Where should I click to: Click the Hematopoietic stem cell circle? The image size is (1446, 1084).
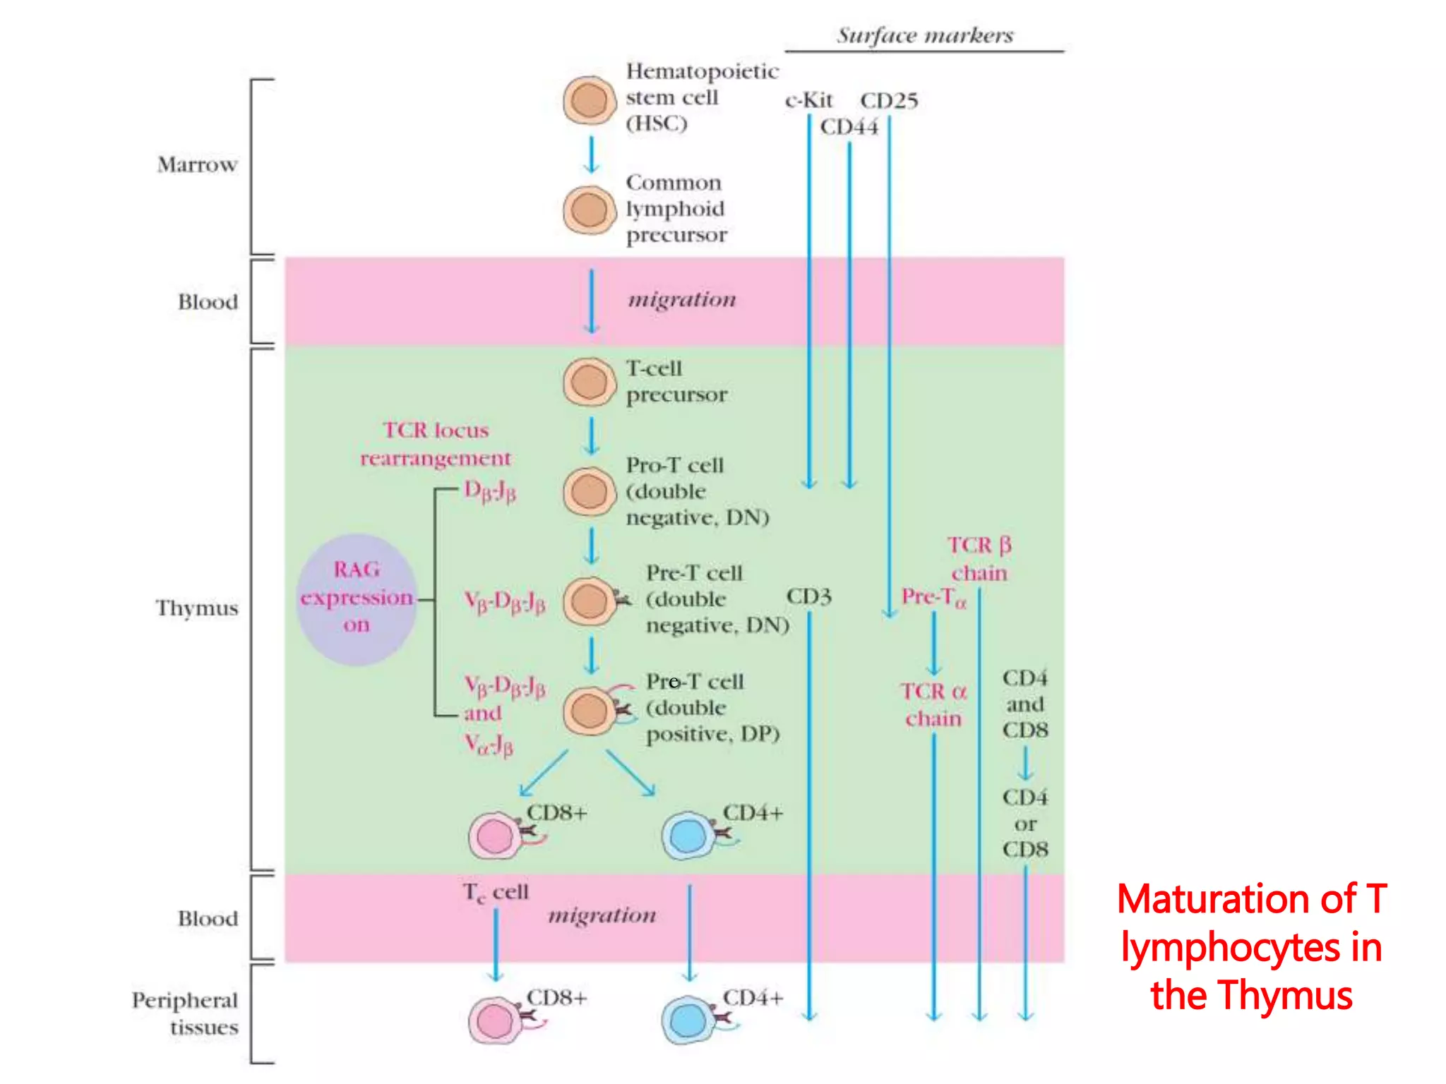589,101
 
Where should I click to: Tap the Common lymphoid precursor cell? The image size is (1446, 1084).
589,210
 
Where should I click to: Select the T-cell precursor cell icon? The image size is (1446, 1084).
589,382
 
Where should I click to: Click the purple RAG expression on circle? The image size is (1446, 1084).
357,599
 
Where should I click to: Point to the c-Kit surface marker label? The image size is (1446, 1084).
808,100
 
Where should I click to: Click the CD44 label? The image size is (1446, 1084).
849,127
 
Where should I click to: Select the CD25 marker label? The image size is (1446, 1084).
889,100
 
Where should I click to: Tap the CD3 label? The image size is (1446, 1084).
808,596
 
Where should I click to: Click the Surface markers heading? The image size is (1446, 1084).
924,35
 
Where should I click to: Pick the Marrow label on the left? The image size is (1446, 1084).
197,164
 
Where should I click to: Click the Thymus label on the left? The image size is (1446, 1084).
197,608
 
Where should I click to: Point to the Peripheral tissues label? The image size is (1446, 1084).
186,1013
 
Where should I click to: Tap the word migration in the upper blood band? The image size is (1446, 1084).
682,299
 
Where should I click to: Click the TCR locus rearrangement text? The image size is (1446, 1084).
436,444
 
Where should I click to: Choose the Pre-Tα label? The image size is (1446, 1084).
933,597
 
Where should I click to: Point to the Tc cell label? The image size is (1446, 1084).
496,893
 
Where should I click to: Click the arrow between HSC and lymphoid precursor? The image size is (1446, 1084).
592,155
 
